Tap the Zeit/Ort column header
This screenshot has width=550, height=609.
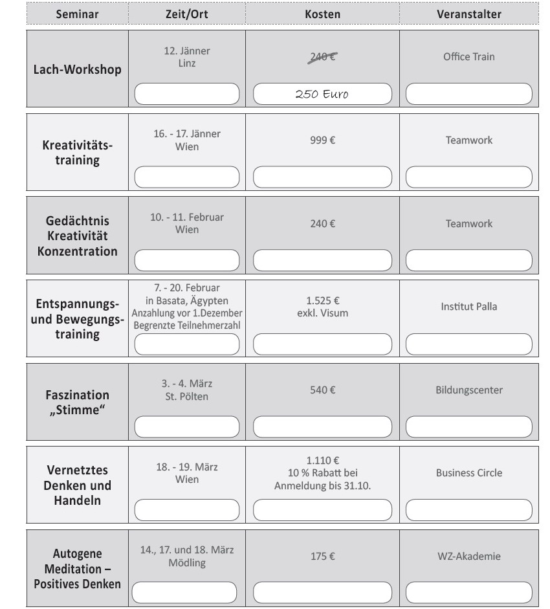pos(187,14)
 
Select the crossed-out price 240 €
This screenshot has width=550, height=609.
pos(322,57)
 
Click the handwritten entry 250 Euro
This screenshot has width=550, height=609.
pos(322,94)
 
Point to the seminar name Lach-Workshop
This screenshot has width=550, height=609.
pos(77,70)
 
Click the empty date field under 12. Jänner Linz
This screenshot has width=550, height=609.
pos(186,94)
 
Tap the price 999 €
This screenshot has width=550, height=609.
pos(322,140)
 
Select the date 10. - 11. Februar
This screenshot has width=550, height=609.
pos(187,217)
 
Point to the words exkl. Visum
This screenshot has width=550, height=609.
pos(322,313)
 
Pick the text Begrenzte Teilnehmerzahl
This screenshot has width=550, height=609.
pos(187,325)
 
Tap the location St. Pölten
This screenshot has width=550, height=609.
pos(187,396)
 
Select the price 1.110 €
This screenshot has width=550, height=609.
pos(322,461)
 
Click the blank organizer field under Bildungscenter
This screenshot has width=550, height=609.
pos(468,427)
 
